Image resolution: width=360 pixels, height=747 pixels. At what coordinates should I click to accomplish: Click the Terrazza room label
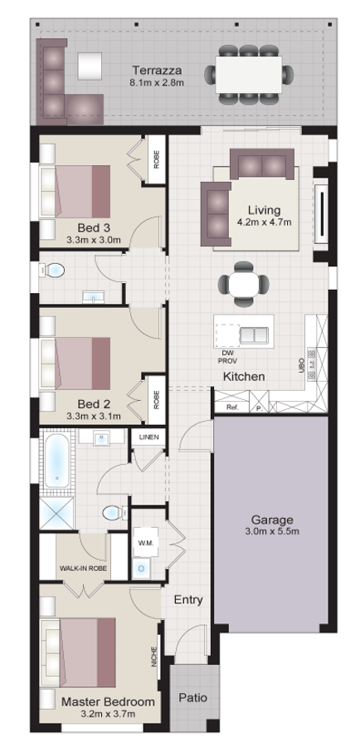point(156,70)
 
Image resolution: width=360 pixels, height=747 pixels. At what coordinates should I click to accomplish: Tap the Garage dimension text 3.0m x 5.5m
point(271,531)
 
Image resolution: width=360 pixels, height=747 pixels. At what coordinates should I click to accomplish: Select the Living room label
point(258,210)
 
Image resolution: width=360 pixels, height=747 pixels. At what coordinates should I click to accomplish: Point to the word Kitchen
point(243,377)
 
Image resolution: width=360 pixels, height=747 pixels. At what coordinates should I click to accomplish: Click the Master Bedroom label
point(108,701)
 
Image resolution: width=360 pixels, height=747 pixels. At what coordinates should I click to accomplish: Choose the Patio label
point(192,698)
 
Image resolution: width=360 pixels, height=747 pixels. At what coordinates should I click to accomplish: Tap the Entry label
point(188,599)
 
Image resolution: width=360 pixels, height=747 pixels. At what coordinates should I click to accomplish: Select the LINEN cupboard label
point(149,437)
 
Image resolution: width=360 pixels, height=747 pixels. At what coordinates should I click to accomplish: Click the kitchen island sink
point(253,335)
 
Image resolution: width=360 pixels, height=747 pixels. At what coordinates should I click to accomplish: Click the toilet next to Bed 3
point(54,271)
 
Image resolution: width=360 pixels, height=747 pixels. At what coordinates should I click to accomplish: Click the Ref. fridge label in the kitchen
point(232,409)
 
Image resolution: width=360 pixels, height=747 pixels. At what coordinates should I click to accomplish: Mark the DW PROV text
point(227,358)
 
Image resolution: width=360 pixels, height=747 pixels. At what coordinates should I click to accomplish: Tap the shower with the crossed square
point(56,512)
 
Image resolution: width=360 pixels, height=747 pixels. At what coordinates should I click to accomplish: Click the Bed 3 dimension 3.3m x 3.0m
point(94,240)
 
